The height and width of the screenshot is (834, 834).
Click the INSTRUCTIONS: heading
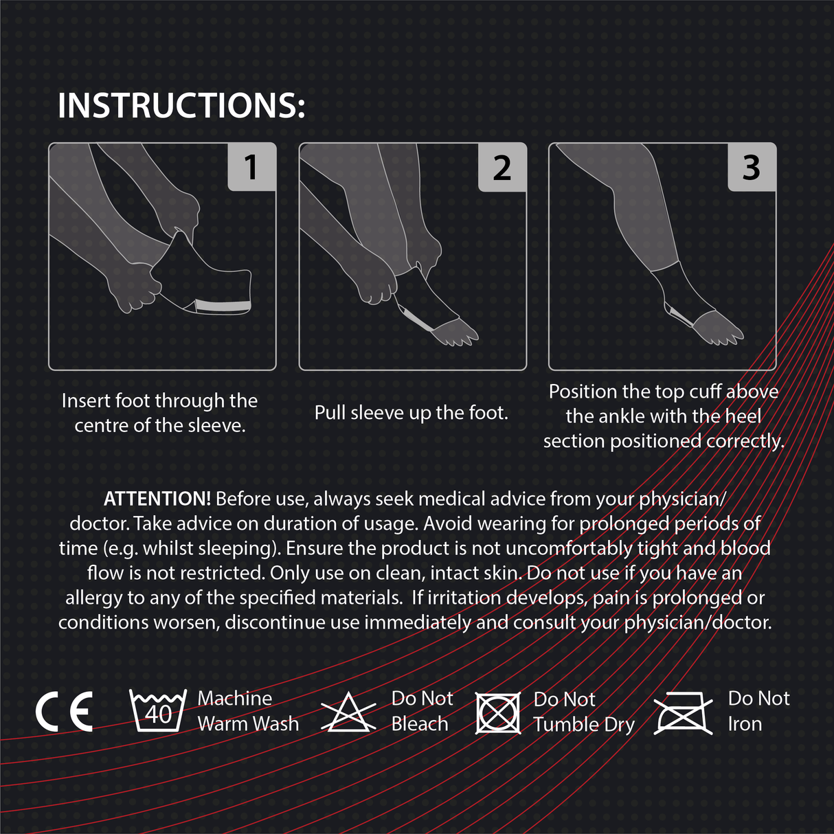click(x=181, y=106)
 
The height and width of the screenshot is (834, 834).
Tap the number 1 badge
click(x=251, y=167)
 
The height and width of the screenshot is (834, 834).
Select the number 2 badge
click(x=502, y=168)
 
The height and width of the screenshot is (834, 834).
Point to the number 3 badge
click(x=752, y=167)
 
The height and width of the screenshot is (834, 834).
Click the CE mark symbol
click(x=64, y=712)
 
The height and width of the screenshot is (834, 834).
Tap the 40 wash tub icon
click(x=158, y=712)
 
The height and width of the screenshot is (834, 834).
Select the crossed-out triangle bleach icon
click(x=349, y=713)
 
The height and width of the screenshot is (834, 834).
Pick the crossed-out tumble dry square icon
click(x=497, y=712)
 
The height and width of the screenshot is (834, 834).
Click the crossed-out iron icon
click(x=683, y=713)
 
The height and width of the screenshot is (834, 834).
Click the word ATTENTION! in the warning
click(x=157, y=499)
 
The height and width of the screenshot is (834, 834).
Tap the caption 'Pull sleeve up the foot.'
click(x=411, y=413)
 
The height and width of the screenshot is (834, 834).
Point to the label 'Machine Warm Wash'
click(x=248, y=711)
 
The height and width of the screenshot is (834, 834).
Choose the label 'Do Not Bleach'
click(x=422, y=711)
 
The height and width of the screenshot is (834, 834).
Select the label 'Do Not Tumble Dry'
click(x=584, y=712)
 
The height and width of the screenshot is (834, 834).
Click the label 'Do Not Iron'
click(x=758, y=711)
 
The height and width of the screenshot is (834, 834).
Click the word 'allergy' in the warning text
click(x=94, y=598)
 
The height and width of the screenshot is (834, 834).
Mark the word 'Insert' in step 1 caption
click(x=86, y=401)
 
